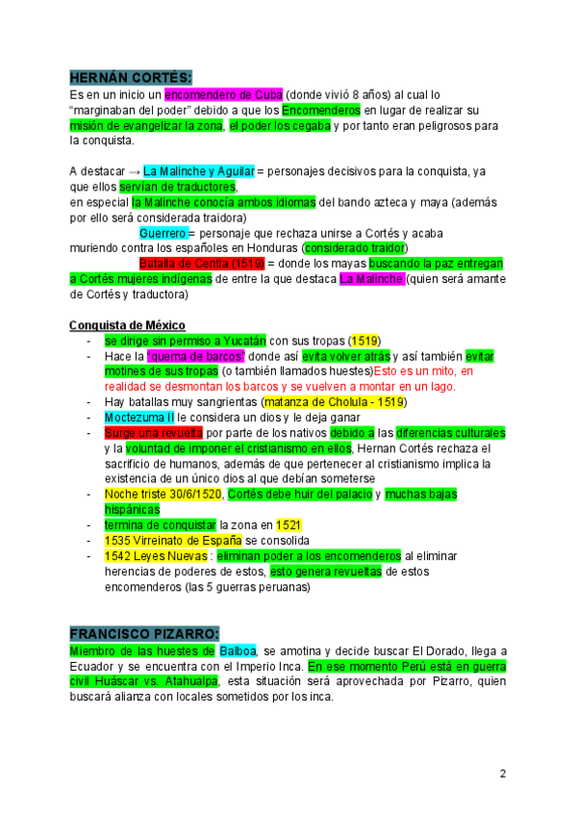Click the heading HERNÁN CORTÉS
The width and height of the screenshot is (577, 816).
131,77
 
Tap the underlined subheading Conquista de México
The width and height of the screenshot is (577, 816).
128,325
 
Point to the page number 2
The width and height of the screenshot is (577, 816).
502,774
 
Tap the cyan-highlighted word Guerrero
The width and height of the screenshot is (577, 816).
163,233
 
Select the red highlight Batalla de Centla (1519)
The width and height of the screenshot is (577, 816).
201,264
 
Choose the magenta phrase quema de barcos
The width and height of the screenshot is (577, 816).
202,356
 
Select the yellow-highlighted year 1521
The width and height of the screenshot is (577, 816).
289,525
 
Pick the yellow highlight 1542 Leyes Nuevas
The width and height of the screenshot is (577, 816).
157,556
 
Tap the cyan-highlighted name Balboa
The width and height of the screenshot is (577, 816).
238,651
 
